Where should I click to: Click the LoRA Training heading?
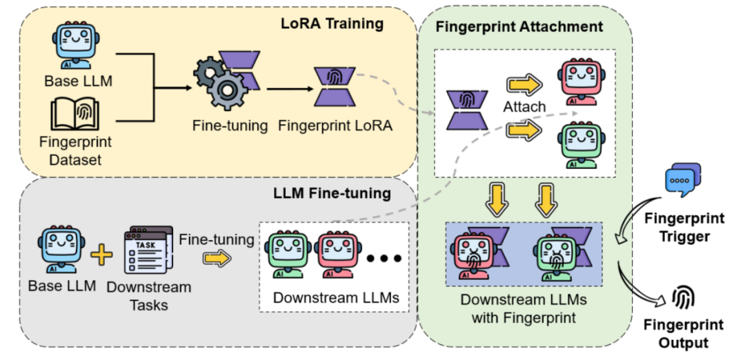point(332,24)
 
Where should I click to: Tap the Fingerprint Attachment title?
point(519,28)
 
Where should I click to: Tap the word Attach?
point(524,108)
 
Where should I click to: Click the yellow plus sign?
point(101,255)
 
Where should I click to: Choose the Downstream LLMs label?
point(336,298)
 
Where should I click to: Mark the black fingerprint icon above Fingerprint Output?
point(683,297)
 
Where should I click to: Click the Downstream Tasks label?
point(148,294)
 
